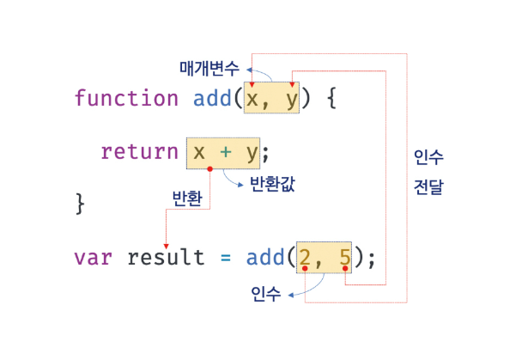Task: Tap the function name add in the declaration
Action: click(x=212, y=98)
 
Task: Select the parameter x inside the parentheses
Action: click(x=252, y=99)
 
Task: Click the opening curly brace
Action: click(x=331, y=98)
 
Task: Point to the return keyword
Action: click(x=139, y=152)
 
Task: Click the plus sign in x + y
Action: click(x=225, y=153)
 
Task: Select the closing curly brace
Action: click(x=82, y=204)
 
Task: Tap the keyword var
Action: click(x=94, y=256)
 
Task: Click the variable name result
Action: click(x=166, y=256)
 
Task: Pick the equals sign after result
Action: click(x=226, y=257)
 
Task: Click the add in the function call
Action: click(x=265, y=256)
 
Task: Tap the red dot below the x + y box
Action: click(x=209, y=168)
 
